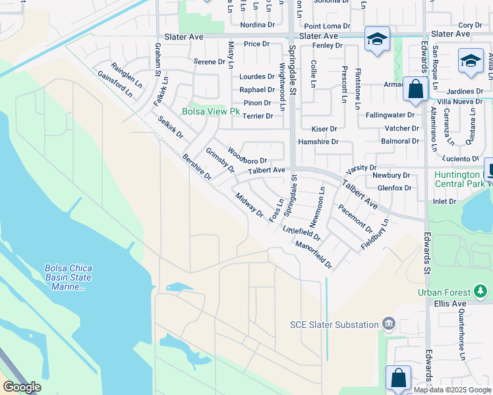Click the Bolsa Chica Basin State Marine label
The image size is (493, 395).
pyautogui.click(x=68, y=277)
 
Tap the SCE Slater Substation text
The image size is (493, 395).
pyautogui.click(x=335, y=324)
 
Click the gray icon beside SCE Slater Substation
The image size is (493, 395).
pyautogui.click(x=389, y=324)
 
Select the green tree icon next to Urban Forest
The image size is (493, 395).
pyautogui.click(x=481, y=291)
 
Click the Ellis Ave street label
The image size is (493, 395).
pyautogui.click(x=449, y=303)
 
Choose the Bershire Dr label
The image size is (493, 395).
pyautogui.click(x=197, y=167)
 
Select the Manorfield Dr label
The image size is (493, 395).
pyautogui.click(x=313, y=255)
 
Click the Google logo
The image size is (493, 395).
pyautogui.click(x=22, y=387)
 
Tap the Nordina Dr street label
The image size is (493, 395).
pyautogui.click(x=257, y=25)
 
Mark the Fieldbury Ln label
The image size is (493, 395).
pyautogui.click(x=374, y=234)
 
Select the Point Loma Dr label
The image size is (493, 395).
pyautogui.click(x=322, y=25)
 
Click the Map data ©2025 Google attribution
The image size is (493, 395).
pyautogui.click(x=451, y=390)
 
